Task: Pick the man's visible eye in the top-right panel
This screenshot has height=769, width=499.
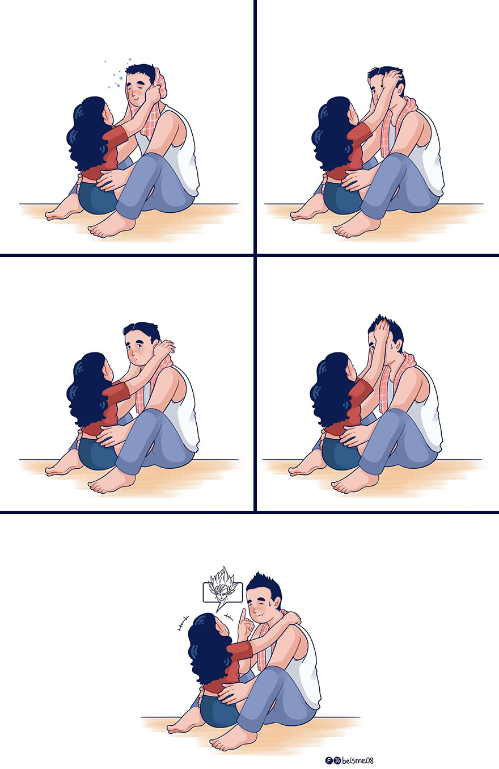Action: click(x=374, y=92)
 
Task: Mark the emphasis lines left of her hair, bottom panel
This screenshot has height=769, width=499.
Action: click(x=183, y=623)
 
